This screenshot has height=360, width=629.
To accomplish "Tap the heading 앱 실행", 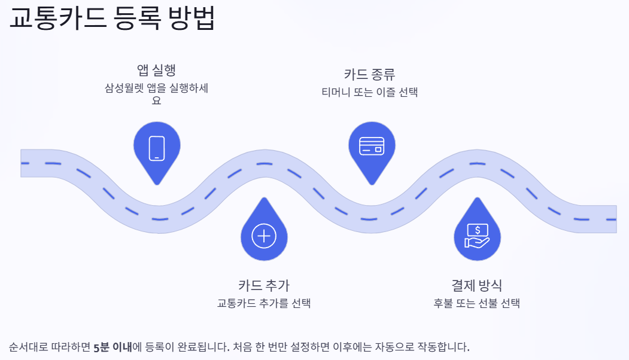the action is pyautogui.click(x=156, y=70).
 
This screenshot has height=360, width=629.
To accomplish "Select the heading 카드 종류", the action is pyautogui.click(x=369, y=75).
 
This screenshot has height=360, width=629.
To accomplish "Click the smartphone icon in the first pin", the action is pyautogui.click(x=157, y=148).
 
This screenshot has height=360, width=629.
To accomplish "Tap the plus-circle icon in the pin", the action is pyautogui.click(x=263, y=236).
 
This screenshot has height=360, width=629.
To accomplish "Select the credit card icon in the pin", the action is pyautogui.click(x=371, y=146).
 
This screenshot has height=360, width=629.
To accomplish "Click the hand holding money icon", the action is pyautogui.click(x=477, y=235).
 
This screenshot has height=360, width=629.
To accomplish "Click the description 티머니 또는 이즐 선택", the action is pyautogui.click(x=369, y=92).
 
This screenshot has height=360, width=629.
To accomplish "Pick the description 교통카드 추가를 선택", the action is pyautogui.click(x=264, y=303).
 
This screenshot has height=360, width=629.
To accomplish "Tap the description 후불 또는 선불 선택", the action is pyautogui.click(x=476, y=303).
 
